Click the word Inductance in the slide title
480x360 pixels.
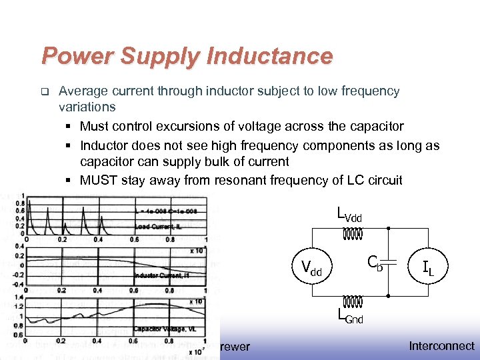click(269, 56)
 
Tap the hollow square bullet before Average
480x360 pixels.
click(44, 91)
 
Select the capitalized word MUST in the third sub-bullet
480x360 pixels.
click(97, 180)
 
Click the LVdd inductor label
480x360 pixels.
click(350, 215)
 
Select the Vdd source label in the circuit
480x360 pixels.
click(311, 269)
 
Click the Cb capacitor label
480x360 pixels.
click(376, 264)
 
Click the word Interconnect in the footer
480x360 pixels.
click(441, 346)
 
